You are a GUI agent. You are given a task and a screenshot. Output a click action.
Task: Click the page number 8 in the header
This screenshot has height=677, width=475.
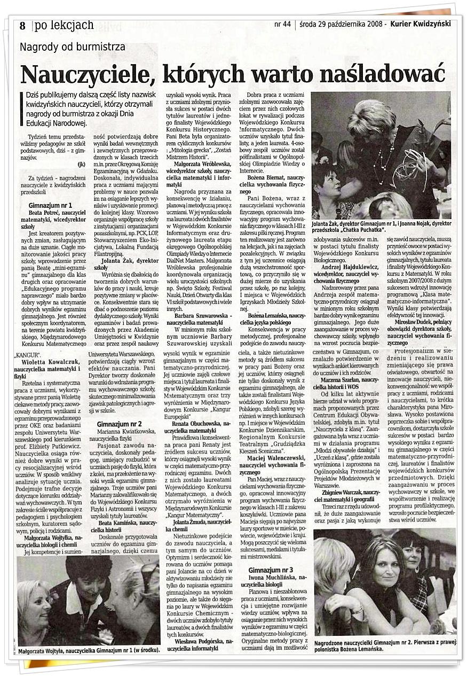tap(22, 26)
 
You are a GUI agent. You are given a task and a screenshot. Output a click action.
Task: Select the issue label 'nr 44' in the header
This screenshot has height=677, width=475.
tap(282, 24)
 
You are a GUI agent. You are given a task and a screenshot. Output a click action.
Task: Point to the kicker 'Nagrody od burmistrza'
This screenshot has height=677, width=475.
tap(73, 47)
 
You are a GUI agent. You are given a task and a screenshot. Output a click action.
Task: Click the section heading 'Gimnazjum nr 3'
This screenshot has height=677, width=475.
tap(271, 570)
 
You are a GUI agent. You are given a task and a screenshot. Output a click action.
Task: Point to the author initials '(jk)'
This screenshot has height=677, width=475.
tap(81, 163)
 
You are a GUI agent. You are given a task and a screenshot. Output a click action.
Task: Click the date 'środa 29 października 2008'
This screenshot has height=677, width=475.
tap(340, 24)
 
